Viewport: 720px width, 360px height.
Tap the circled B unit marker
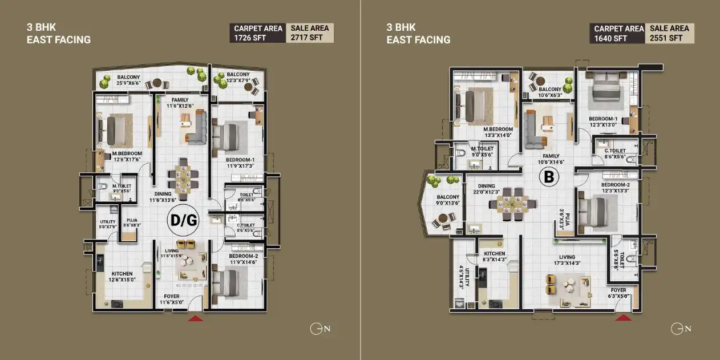[x=549, y=177]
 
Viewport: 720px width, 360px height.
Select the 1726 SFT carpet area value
[x=249, y=38]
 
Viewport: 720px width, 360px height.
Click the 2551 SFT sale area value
[x=666, y=38]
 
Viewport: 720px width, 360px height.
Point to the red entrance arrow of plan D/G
[x=195, y=318]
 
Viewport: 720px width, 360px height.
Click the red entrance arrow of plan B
[x=623, y=317]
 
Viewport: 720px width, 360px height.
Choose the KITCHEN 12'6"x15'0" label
[x=123, y=276]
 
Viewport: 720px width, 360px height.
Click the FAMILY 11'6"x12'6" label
[x=180, y=103]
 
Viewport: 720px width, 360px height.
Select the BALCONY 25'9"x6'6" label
[x=129, y=80]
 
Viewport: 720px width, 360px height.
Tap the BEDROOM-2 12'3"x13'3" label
[x=614, y=188]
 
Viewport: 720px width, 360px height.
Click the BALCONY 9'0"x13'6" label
[x=448, y=200]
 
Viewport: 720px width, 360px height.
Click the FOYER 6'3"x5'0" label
[x=618, y=293]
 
